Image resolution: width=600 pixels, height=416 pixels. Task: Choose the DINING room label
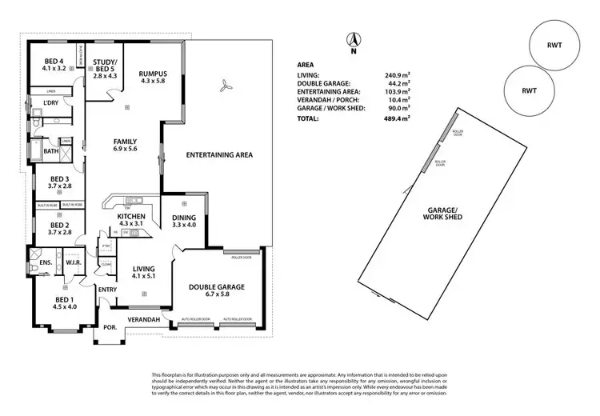(x=184, y=220)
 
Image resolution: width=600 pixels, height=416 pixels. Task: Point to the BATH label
(x=51, y=151)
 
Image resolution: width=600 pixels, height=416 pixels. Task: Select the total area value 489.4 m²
(x=397, y=118)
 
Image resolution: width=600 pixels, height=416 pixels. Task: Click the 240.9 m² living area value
(x=397, y=74)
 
